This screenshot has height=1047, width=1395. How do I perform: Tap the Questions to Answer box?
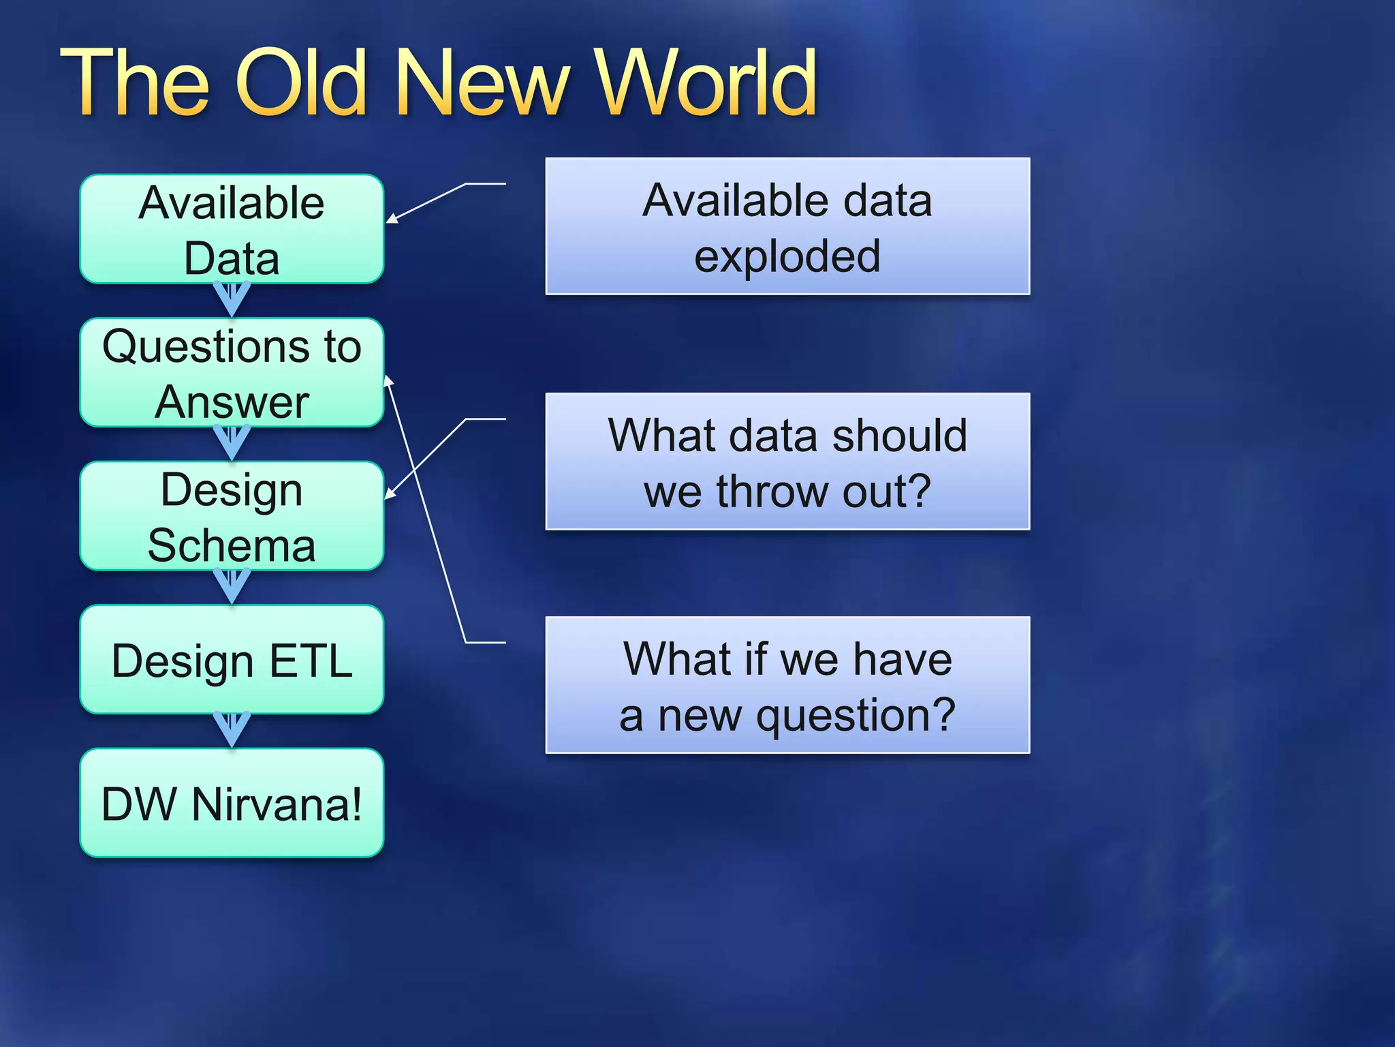point(232,372)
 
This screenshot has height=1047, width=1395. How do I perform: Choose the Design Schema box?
point(232,516)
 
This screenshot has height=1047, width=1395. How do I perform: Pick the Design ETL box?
point(232,659)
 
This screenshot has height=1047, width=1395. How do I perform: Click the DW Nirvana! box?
point(232,803)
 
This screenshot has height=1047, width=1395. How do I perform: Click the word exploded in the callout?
point(787,256)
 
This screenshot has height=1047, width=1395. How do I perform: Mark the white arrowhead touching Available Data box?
point(392,219)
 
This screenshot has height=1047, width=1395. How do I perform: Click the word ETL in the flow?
point(311,661)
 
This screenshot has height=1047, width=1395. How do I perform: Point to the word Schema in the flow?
point(232,545)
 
